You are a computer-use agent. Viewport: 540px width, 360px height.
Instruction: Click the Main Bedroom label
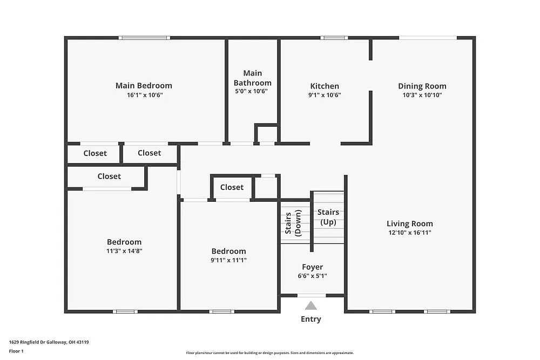tap(144, 85)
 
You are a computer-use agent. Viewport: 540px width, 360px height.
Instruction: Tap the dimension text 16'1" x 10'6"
tap(144, 95)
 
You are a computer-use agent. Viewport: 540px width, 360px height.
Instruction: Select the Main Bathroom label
tap(252, 78)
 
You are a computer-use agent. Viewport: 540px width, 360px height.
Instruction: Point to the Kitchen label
tap(325, 86)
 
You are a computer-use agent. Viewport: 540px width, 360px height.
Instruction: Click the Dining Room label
tap(422, 86)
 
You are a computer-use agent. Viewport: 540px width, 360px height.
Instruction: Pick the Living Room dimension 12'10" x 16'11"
tap(409, 233)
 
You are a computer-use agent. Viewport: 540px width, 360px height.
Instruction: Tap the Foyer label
tap(312, 267)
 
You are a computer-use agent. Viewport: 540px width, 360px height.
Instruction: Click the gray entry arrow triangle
tap(311, 305)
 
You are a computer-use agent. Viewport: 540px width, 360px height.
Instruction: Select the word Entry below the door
tap(311, 319)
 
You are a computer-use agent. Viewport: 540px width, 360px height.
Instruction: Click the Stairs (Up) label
tap(328, 217)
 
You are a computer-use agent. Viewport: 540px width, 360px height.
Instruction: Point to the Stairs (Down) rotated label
tap(292, 223)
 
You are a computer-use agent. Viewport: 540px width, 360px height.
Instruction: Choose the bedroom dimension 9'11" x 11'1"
tap(228, 260)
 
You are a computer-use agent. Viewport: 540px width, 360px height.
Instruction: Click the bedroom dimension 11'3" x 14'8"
tap(124, 251)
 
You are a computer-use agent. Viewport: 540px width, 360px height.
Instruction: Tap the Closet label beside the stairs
tap(232, 187)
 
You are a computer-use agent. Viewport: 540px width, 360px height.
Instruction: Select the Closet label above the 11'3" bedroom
tap(109, 176)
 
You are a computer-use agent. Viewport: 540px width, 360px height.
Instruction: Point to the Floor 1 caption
tap(16, 351)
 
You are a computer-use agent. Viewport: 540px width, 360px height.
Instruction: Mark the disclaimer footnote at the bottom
tap(269, 352)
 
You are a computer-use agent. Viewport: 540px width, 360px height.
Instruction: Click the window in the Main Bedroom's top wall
tap(144, 38)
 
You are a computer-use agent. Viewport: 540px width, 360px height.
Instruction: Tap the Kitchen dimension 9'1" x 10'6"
tap(325, 95)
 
